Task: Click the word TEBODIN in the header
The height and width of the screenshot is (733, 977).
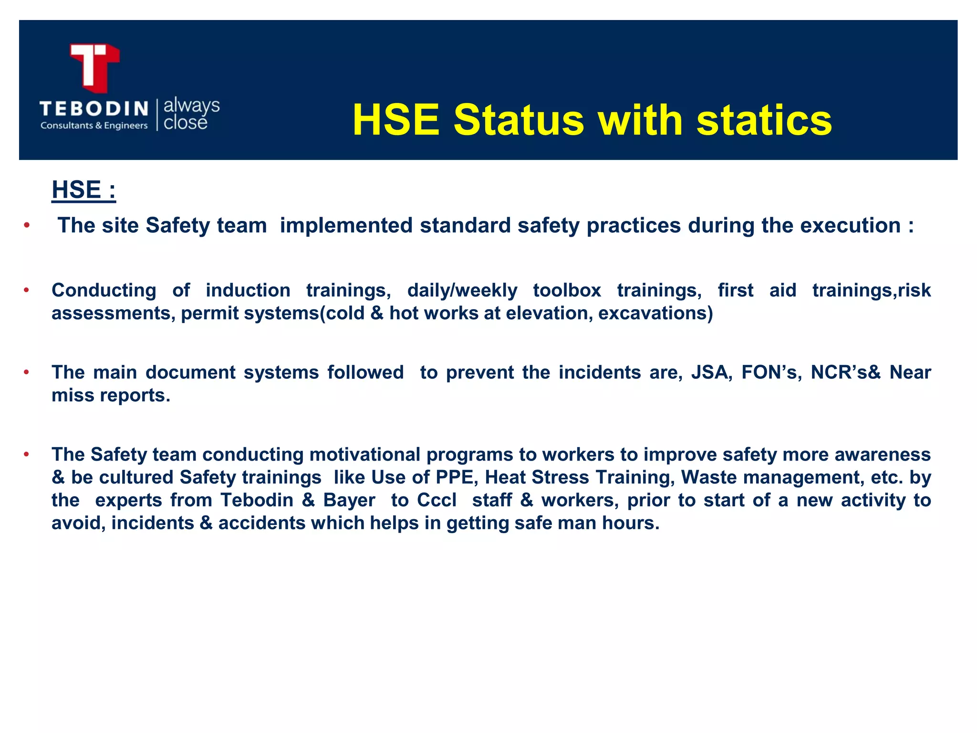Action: point(94,109)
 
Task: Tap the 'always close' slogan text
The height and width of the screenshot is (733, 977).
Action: point(191,114)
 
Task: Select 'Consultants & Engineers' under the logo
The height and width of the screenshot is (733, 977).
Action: point(94,126)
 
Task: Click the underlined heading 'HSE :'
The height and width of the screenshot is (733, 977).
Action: point(83,190)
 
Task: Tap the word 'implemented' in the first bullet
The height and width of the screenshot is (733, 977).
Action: point(346,225)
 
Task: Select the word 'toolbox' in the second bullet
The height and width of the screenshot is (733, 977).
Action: point(567,290)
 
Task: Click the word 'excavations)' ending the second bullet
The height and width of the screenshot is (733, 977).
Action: point(655,314)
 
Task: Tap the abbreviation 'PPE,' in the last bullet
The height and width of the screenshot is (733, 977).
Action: point(457,477)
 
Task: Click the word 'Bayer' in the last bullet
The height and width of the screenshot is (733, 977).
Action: point(349,500)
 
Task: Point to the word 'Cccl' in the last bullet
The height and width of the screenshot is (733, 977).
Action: point(437,500)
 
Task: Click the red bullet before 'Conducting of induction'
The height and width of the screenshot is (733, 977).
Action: point(27,290)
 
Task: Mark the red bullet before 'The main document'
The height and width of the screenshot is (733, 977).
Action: point(27,372)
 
